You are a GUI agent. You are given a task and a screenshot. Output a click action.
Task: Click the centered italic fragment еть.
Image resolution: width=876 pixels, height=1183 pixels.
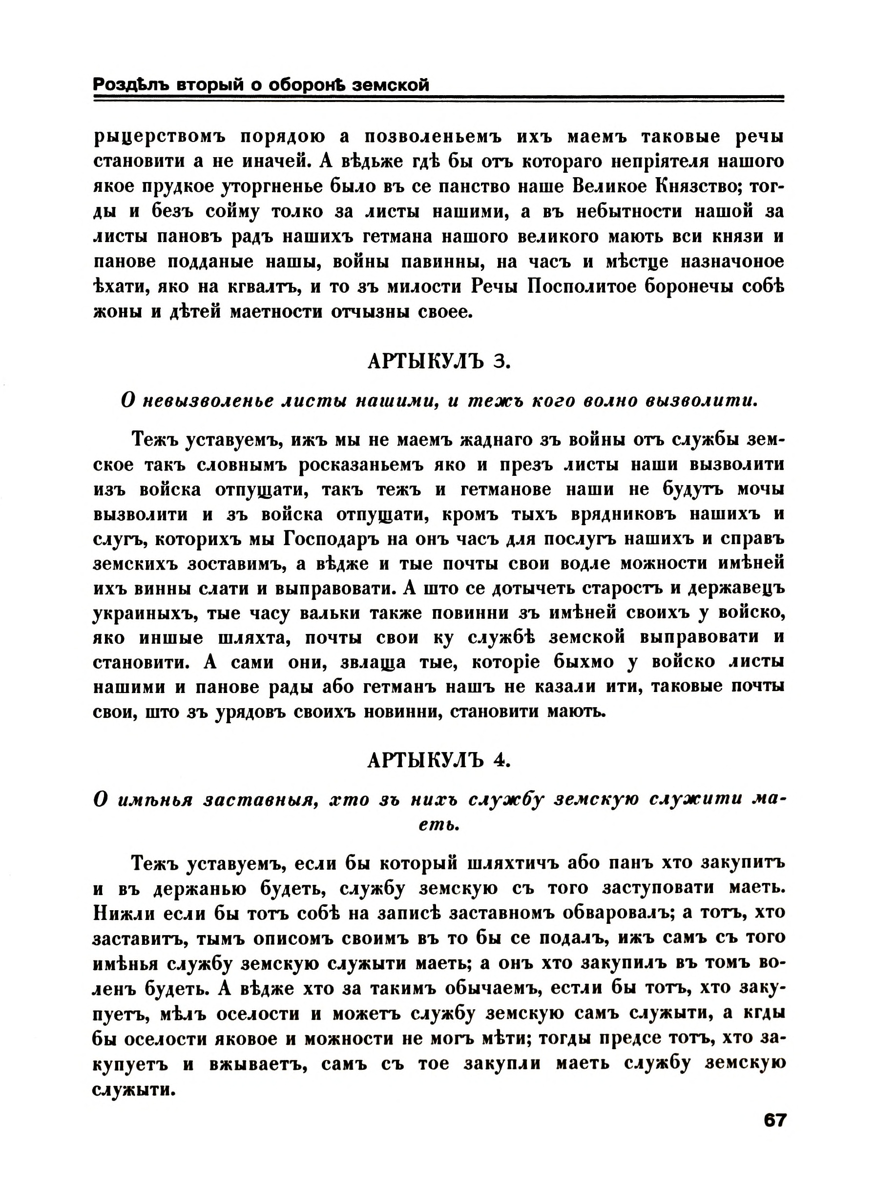438,825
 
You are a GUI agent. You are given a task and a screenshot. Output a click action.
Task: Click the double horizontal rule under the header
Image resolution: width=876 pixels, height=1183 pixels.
438,98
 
